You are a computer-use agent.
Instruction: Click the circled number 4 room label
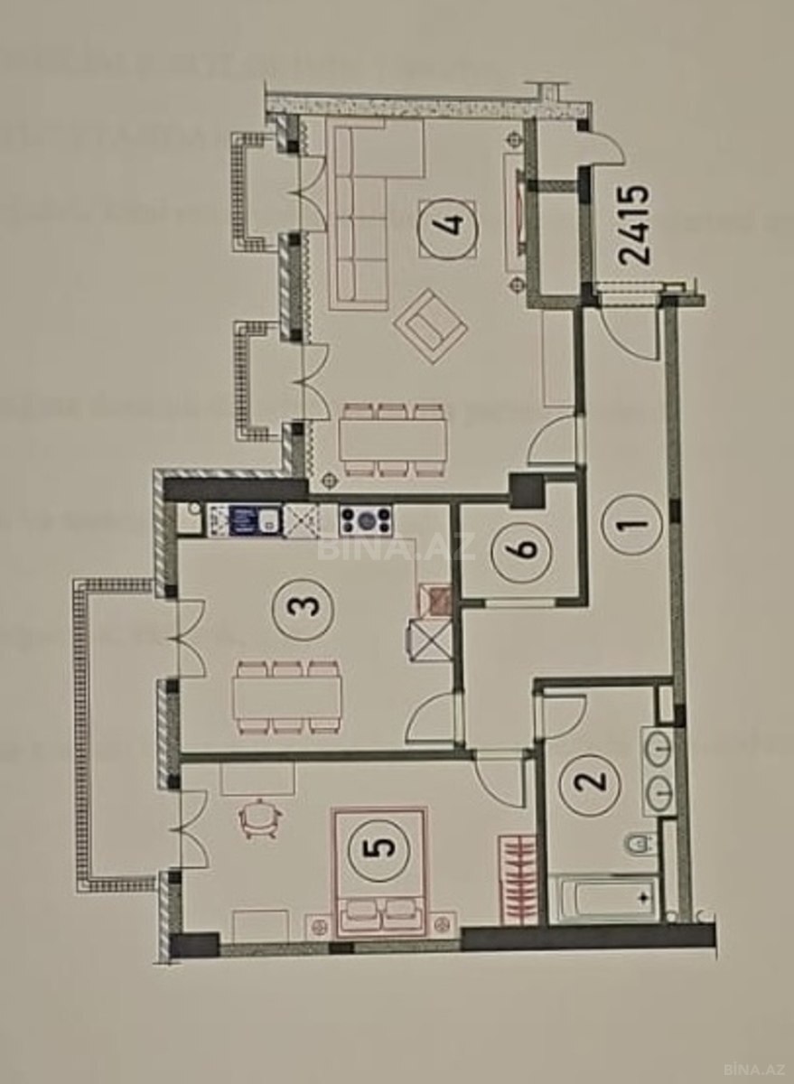(447, 228)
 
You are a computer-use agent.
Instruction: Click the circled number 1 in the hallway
(631, 525)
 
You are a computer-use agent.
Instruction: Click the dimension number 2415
(633, 225)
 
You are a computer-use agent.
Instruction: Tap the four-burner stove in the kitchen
(366, 520)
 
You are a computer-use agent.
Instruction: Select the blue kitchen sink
(255, 520)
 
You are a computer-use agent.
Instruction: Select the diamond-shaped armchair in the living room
(430, 326)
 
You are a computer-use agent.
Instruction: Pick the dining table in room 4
(391, 440)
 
